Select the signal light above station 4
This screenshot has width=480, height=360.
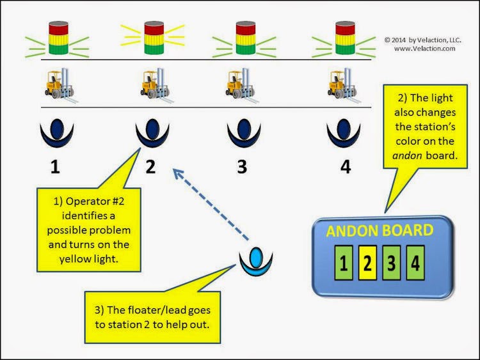[x=345, y=38]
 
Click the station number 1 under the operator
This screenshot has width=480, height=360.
[x=56, y=167]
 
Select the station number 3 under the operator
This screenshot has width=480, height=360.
[x=241, y=167]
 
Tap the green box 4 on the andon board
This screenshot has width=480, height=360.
[x=415, y=264]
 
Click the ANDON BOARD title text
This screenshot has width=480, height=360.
[x=380, y=231]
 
